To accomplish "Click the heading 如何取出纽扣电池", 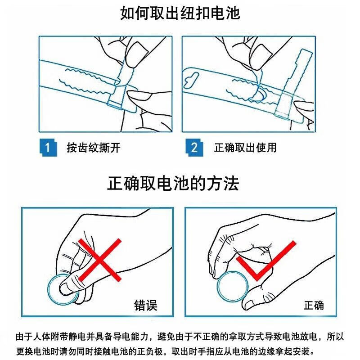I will click(x=180, y=13).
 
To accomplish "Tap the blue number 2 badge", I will click(x=194, y=148).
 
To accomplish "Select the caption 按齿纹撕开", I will click(x=94, y=148).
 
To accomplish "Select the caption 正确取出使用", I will click(x=245, y=148).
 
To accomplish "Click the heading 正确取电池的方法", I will click(x=173, y=184).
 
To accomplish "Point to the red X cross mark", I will click(x=99, y=260).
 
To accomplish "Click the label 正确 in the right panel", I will click(x=314, y=306).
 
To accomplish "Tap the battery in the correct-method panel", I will click(x=232, y=286).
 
